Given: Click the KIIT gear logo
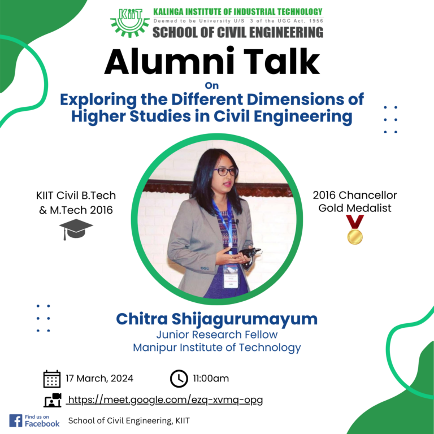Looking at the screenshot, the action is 130,23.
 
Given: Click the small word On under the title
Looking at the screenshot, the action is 212,85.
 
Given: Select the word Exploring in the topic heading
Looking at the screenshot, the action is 98,100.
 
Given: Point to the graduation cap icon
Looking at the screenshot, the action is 76,229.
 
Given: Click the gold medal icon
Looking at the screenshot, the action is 355,230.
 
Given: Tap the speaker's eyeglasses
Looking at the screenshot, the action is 225,172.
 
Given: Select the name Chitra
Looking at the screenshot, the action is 142,319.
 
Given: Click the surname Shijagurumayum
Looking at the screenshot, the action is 245,320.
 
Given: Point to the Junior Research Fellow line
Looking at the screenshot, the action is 217,335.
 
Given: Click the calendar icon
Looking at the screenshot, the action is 52,379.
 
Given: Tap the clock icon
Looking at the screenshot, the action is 179,379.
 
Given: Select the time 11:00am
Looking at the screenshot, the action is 211,379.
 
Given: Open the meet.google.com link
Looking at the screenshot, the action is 164,400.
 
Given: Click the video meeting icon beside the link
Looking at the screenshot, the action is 53,400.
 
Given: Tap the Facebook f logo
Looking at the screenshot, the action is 15,420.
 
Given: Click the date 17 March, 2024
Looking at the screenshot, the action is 99,379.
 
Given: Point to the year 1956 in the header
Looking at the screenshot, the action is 316,21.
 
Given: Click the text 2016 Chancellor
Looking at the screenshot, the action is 355,195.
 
